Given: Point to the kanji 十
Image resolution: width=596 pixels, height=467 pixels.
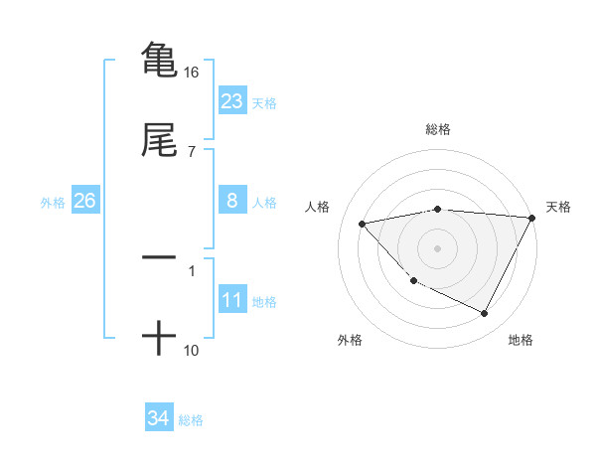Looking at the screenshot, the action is [159, 339].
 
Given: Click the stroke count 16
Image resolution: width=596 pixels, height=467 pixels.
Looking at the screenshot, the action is [192, 73].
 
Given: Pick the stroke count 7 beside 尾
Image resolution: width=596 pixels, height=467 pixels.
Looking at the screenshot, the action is [192, 151].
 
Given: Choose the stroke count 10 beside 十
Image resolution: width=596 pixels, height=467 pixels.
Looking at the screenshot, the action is [192, 350].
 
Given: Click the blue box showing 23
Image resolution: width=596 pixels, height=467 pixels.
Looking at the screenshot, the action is [232, 101].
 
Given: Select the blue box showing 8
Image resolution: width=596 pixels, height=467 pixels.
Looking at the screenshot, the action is [232, 201].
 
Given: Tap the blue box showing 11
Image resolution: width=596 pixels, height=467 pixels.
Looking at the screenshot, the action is [232, 300].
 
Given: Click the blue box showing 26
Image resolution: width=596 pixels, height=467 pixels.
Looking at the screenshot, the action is [84, 201].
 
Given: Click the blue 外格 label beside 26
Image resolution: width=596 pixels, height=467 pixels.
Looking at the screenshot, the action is [53, 203].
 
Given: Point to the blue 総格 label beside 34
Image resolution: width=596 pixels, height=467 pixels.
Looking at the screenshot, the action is [191, 420].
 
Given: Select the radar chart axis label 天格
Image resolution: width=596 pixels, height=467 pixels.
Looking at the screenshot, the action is [558, 207].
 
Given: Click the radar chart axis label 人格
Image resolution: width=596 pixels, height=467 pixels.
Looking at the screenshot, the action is [319, 207].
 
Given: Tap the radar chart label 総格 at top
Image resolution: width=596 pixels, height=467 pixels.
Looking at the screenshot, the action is [438, 129].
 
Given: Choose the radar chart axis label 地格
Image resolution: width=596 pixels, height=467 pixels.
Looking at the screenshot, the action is [521, 341].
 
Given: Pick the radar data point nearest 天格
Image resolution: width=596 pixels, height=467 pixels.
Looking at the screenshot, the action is [531, 218].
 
